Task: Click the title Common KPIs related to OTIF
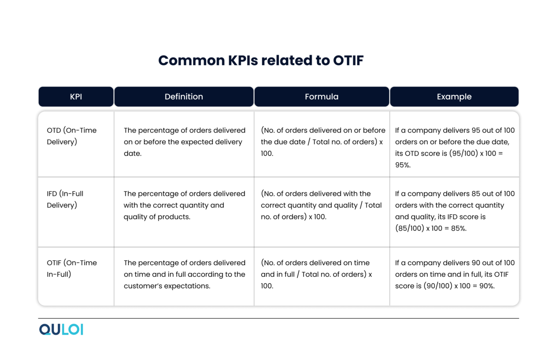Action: click(x=261, y=61)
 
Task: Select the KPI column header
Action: click(x=76, y=97)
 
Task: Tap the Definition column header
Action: click(x=184, y=97)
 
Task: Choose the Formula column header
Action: click(x=322, y=97)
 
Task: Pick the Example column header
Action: click(x=454, y=97)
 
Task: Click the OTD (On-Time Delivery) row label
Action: click(x=71, y=136)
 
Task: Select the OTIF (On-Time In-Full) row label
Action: click(x=71, y=269)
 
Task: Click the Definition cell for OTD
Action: click(x=185, y=142)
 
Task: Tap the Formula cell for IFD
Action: click(x=321, y=205)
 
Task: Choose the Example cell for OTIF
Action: click(x=454, y=274)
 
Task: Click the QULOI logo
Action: click(x=61, y=330)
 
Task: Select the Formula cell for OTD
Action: click(x=322, y=142)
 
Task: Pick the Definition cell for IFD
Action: click(x=185, y=205)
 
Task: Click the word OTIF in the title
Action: click(x=348, y=61)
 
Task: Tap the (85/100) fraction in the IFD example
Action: click(x=409, y=229)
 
